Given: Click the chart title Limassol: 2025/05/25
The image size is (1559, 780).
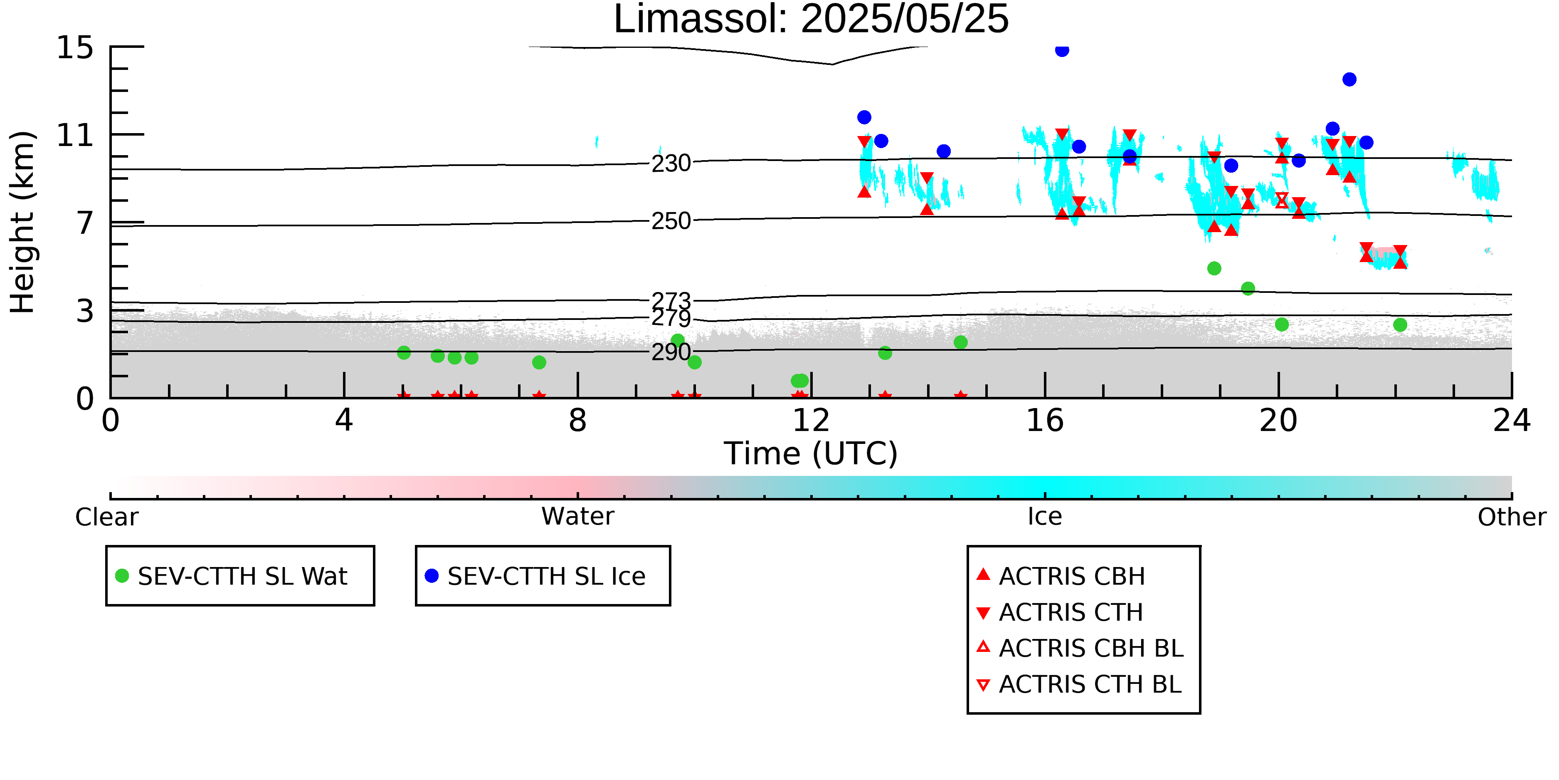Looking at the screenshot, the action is [811, 20].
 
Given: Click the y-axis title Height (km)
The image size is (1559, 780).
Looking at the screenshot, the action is [23, 222].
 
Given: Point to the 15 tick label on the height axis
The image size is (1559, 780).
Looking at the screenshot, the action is [75, 47].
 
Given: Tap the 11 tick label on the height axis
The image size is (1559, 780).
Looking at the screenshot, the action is [75, 135].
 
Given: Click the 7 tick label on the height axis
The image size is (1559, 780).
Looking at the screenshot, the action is [85, 223].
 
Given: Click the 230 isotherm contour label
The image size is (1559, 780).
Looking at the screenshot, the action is [671, 163].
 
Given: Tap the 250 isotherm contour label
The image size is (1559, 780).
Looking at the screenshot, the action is [671, 221].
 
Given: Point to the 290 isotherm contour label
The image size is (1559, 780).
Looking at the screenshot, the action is [671, 352].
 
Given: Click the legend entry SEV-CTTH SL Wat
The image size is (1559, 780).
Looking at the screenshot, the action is [232, 576].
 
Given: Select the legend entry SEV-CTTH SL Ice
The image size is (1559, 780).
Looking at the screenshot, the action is [535, 576].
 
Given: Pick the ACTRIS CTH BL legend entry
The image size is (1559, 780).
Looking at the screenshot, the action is [1080, 684].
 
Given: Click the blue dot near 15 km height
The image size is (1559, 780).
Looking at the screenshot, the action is [1062, 50].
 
